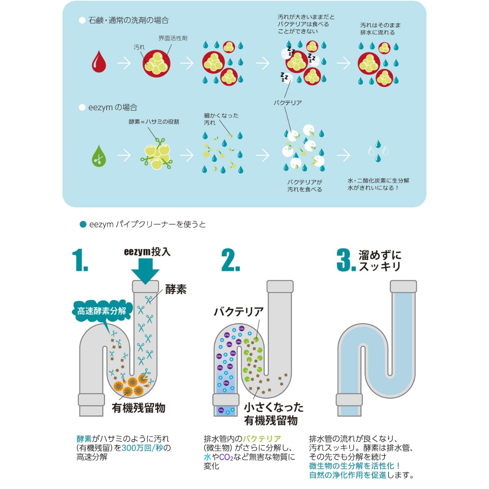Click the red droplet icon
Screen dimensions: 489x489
(x=99, y=62)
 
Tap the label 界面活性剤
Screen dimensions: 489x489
(x=173, y=38)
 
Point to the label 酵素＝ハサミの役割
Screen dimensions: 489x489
(x=154, y=121)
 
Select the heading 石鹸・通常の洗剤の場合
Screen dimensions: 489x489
(x=128, y=20)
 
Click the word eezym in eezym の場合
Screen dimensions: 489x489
(x=100, y=108)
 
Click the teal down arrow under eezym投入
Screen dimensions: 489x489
(x=145, y=271)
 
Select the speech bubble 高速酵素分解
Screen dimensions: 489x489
(x=101, y=311)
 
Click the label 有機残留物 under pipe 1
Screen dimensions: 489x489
(x=139, y=408)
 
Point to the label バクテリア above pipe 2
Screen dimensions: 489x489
(x=239, y=312)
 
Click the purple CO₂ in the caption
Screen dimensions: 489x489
(x=226, y=457)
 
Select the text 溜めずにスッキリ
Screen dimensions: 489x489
(x=380, y=261)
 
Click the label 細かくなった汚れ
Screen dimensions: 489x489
(x=221, y=119)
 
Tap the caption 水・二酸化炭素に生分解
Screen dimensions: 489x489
(x=378, y=181)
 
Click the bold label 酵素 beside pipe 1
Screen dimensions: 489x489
(x=176, y=289)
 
